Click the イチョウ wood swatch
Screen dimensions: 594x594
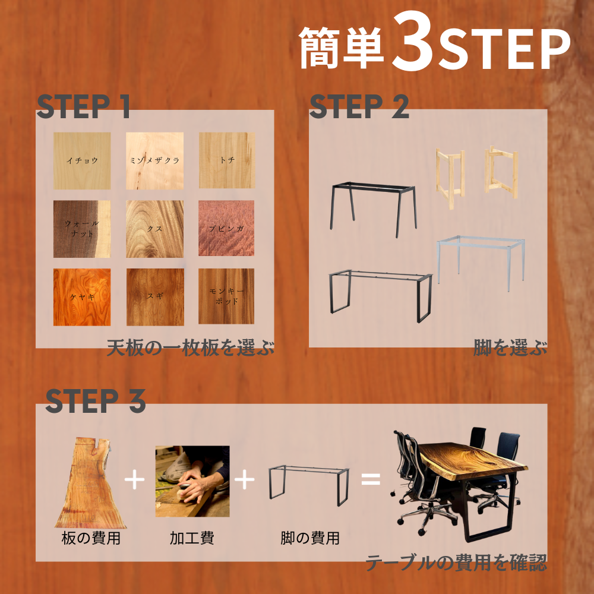click(82, 160)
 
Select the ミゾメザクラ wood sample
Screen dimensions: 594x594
click(154, 160)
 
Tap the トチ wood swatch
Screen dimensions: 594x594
click(226, 160)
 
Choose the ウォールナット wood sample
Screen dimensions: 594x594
click(82, 229)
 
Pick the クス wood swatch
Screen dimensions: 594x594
click(154, 229)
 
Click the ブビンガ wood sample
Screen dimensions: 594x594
click(226, 228)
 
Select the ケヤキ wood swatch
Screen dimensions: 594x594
click(82, 297)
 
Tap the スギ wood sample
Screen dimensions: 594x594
click(155, 297)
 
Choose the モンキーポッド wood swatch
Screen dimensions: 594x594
click(226, 296)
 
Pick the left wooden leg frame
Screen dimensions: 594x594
click(451, 178)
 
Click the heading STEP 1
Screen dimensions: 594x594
click(83, 106)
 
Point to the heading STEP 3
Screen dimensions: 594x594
click(96, 400)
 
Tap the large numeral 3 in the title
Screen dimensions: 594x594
click(413, 42)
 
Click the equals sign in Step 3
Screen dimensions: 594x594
click(371, 479)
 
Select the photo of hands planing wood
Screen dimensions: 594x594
click(192, 481)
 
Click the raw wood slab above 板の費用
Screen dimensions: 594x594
click(91, 483)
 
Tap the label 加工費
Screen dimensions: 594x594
click(192, 538)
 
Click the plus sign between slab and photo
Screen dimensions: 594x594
click(134, 479)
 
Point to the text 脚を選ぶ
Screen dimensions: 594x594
click(510, 347)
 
